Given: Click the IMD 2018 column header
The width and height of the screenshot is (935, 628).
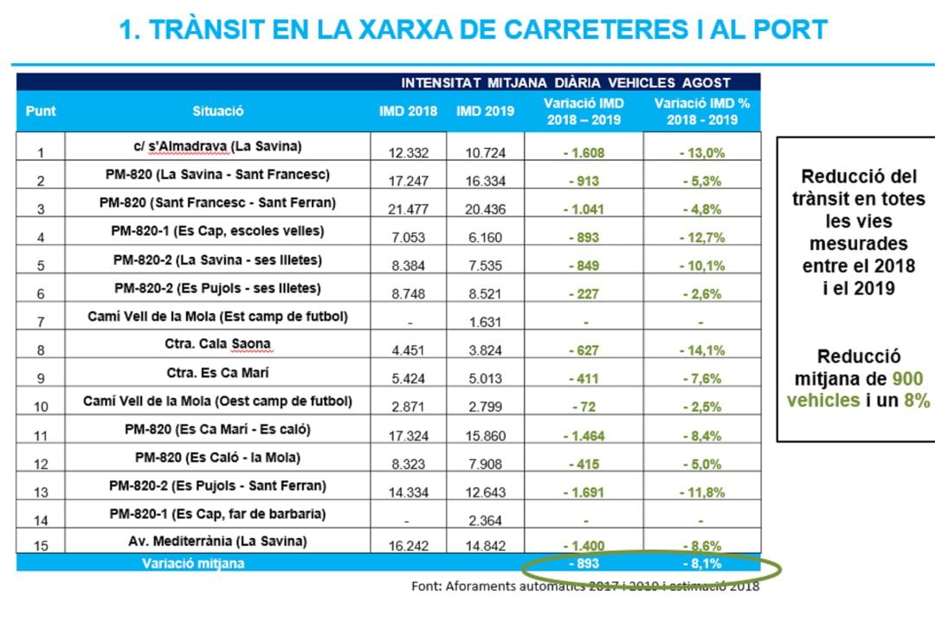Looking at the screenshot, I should (409, 112).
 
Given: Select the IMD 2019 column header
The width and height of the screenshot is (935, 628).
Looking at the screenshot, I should (485, 112).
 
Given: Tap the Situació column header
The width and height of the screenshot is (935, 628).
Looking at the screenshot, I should (218, 112).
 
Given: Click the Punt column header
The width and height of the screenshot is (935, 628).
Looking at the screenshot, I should (41, 112).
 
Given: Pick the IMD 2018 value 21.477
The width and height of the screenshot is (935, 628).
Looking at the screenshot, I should (409, 209).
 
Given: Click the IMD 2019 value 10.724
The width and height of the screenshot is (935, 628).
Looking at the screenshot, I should (485, 153).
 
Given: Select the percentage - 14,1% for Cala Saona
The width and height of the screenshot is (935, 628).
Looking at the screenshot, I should (701, 350).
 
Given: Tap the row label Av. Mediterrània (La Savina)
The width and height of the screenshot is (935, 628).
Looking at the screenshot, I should (218, 541).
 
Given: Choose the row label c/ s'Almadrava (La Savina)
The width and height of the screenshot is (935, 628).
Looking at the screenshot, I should (218, 146).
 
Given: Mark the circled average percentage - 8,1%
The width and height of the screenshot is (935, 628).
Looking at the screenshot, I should (701, 564).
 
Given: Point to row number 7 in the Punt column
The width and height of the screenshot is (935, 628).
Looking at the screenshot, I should (41, 323).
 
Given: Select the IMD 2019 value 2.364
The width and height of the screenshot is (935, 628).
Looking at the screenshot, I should (485, 521).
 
